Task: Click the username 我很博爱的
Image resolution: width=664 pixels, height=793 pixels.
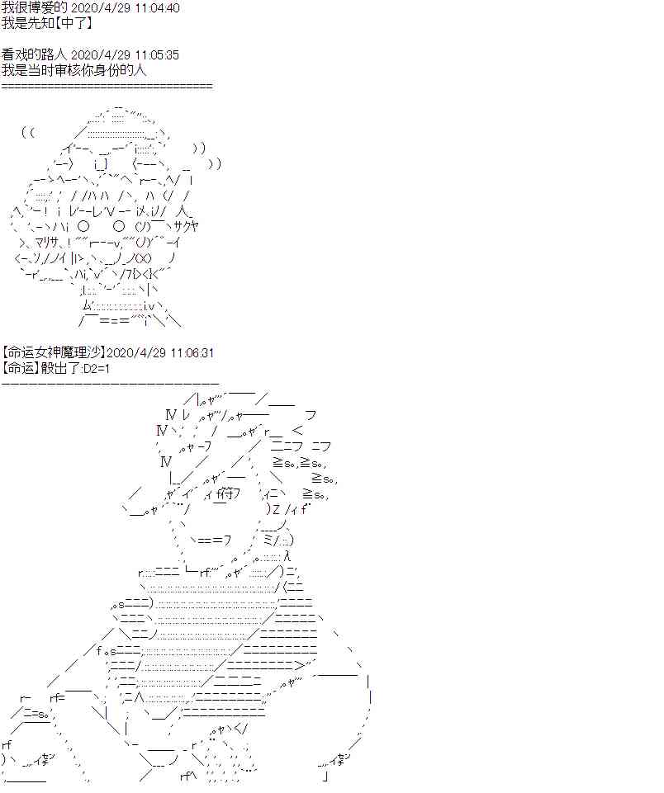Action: [34, 7]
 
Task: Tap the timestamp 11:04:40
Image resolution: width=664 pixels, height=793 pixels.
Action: [158, 8]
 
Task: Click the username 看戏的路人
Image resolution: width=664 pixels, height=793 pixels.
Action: [34, 54]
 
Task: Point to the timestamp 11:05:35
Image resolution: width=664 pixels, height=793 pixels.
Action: [158, 54]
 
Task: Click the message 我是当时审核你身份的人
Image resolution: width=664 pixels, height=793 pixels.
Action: [74, 69]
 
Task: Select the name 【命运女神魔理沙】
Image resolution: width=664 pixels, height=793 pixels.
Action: [54, 352]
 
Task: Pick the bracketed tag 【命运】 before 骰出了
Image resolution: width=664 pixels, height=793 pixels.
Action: [21, 368]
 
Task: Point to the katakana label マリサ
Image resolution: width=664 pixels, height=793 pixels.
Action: [46, 243]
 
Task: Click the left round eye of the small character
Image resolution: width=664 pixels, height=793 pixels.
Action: [83, 226]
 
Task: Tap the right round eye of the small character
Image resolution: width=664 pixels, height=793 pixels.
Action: [119, 226]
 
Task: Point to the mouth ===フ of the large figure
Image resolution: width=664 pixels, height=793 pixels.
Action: [214, 540]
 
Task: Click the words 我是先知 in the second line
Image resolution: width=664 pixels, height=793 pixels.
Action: [26, 23]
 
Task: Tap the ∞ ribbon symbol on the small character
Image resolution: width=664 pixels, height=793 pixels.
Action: [143, 259]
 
